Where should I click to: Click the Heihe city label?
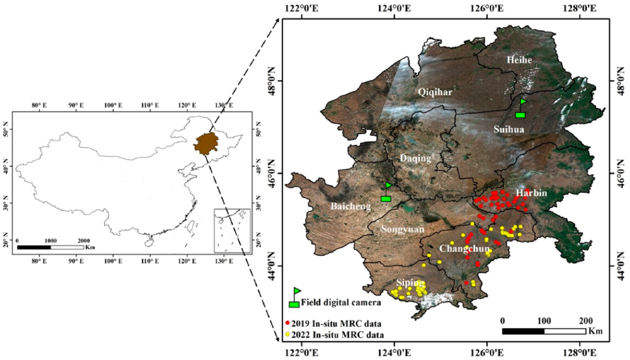coord(519,60)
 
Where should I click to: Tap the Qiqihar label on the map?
coord(435,92)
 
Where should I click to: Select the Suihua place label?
coord(508,129)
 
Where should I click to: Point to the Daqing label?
coord(416,158)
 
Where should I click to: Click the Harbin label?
coord(532,193)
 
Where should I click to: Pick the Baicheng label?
coord(351,207)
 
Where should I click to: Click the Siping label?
coord(409,282)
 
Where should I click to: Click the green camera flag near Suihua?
coord(520,109)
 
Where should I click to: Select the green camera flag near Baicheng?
coord(386,192)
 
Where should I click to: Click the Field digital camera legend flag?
coord(295,298)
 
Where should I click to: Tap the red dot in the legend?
coord(288,322)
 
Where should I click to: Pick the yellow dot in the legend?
coord(288,334)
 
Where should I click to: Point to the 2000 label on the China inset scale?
coord(83,241)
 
